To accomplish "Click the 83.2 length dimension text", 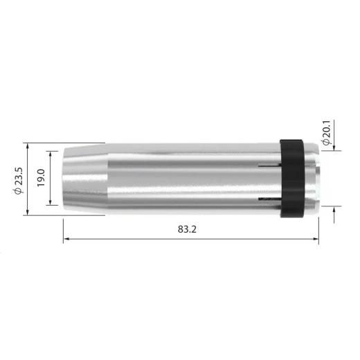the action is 187,229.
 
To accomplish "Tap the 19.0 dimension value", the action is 41,178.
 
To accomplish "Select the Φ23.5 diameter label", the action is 18,181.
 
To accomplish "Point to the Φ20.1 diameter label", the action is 327,133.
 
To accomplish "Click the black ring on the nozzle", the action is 292,179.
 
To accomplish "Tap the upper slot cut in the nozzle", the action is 269,165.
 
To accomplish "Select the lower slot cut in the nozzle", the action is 269,199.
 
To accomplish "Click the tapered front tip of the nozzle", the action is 85,179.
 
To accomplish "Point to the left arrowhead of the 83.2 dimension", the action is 66,239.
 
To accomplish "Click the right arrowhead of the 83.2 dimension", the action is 316,239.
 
